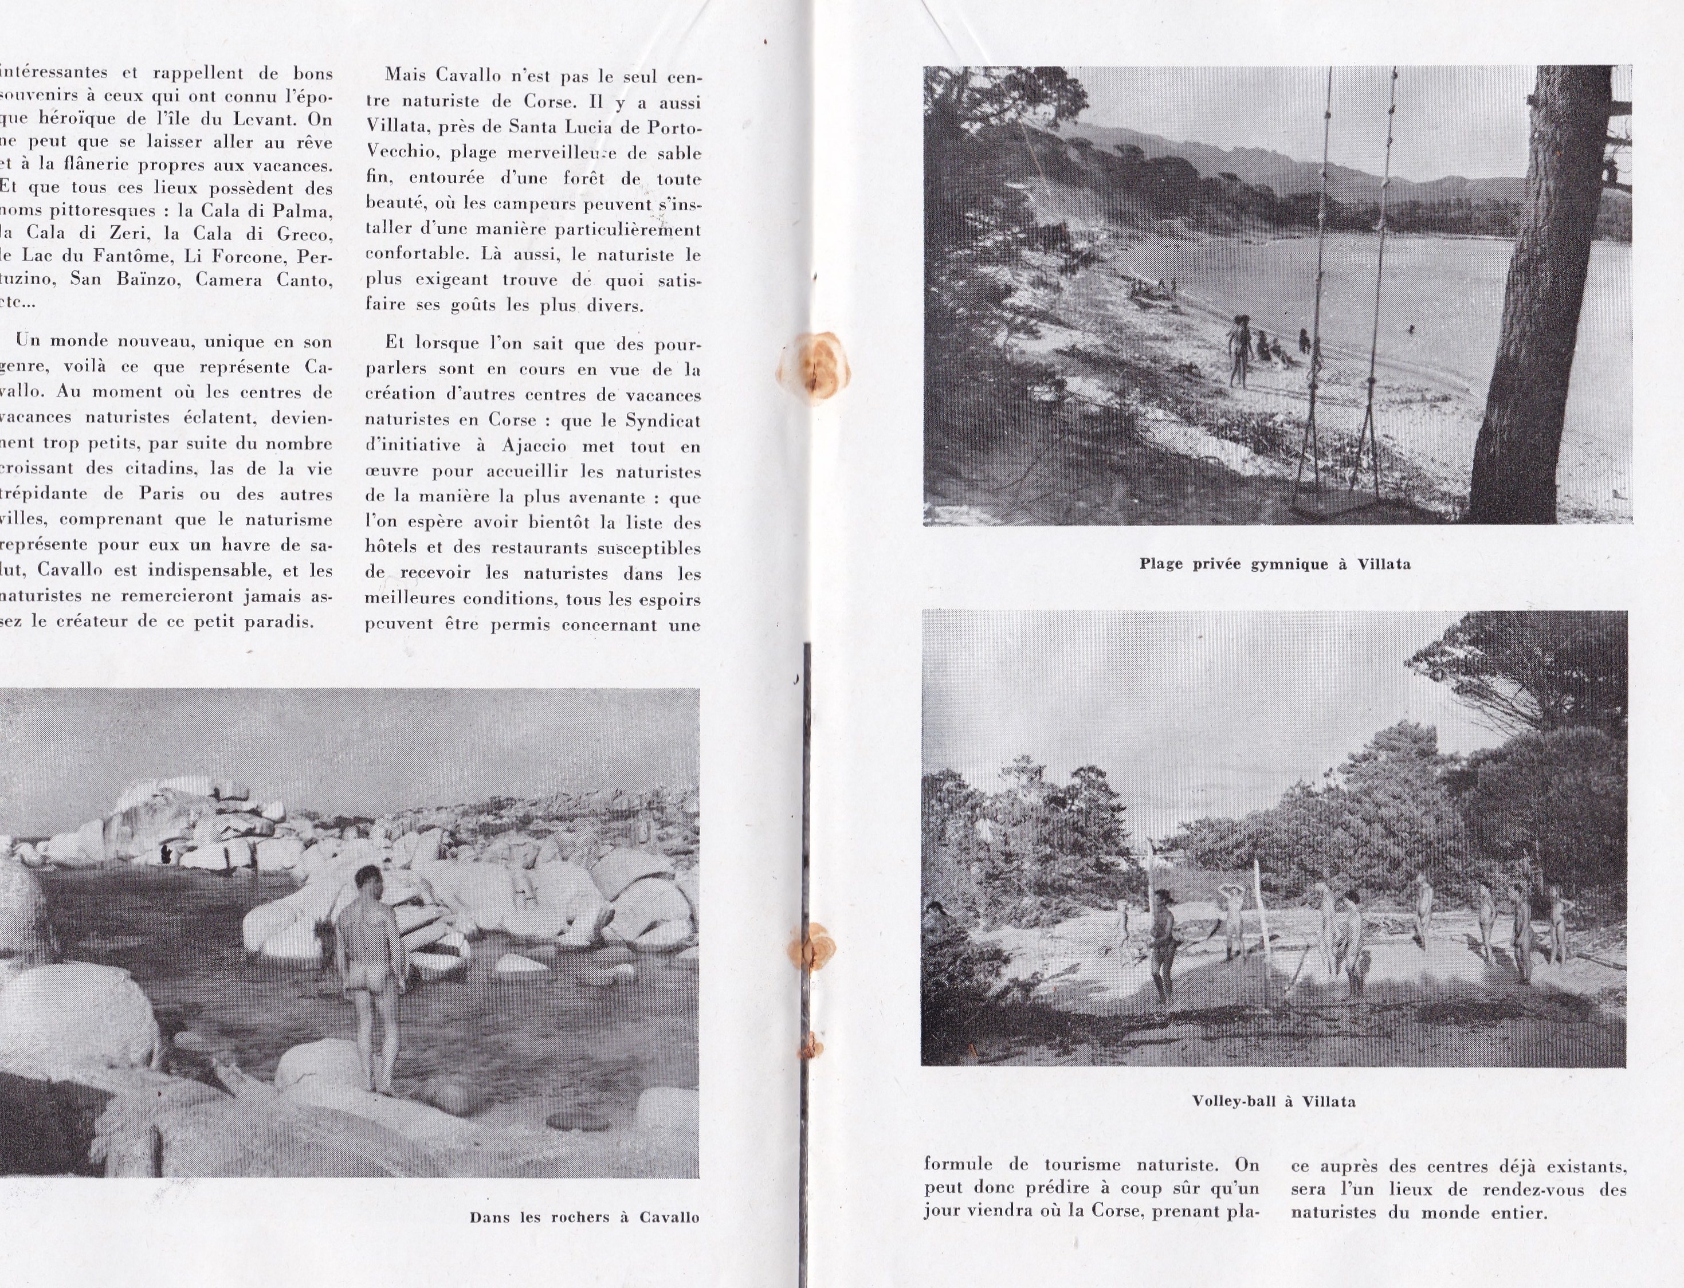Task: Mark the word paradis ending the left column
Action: click(278, 621)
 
